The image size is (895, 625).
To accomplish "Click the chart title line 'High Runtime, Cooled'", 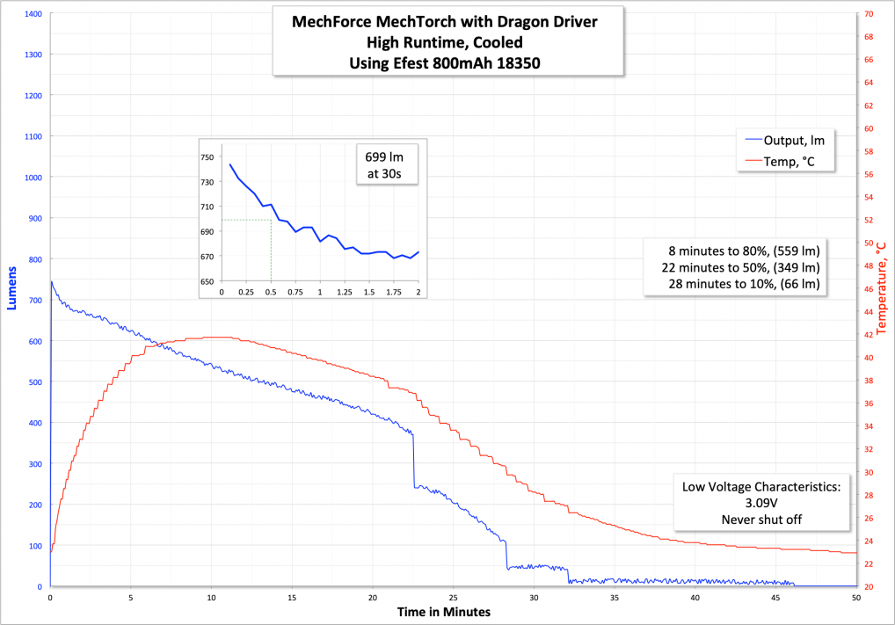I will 448,40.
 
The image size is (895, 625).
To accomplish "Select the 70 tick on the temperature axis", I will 869,14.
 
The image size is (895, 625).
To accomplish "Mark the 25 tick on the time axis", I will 453,596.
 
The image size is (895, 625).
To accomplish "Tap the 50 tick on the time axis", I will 856,596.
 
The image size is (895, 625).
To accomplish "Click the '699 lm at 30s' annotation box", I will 385,164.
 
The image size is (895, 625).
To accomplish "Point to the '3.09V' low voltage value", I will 761,503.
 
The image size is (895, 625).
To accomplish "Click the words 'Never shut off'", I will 761,520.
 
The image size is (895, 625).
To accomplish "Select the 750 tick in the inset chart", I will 207,157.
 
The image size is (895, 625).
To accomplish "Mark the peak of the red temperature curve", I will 211,338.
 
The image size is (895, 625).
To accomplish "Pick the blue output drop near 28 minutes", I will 507,554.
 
